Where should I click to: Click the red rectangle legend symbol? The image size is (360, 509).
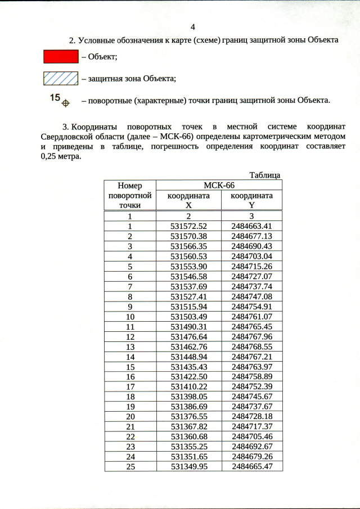point(61,57)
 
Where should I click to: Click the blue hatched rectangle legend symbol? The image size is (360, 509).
point(61,79)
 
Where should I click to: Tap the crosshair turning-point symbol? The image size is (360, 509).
point(65,103)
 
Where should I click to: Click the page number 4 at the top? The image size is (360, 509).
point(193,27)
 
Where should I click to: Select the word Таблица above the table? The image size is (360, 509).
point(264,175)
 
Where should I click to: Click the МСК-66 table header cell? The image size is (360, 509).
point(219,185)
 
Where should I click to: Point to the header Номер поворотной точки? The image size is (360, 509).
point(130,195)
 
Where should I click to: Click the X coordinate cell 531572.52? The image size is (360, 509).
point(189,226)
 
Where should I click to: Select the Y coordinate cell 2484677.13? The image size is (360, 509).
point(251,236)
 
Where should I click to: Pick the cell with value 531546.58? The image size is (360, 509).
point(189,277)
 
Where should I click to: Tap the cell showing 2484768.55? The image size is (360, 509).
point(251,348)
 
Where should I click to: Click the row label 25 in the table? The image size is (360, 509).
point(130,466)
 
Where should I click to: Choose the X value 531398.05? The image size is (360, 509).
point(189,396)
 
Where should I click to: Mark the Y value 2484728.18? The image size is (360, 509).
point(251,416)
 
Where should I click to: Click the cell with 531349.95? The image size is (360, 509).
point(189,466)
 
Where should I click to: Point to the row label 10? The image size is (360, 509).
point(130,317)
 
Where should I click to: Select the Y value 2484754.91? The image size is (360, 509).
point(251,307)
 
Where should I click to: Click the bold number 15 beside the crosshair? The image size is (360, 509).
point(55,98)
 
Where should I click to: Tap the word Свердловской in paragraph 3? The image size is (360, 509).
point(67,136)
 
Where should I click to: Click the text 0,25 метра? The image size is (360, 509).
point(61,156)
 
